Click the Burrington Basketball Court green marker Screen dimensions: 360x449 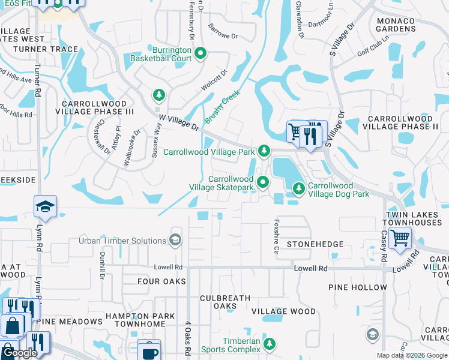pyautogui.click(x=200, y=54)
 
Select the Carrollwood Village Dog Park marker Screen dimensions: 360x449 pyautogui.click(x=298, y=189)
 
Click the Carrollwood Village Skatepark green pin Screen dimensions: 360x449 pyautogui.click(x=262, y=182)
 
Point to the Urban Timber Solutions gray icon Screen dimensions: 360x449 pyautogui.click(x=175, y=241)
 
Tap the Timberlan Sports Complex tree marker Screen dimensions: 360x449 pyautogui.click(x=270, y=344)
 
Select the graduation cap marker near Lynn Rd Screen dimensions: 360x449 pyautogui.click(x=45, y=207)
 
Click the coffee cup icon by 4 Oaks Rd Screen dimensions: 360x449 pyautogui.click(x=149, y=351)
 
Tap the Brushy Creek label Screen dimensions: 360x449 pyautogui.click(x=223, y=107)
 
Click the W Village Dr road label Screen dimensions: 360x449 pyautogui.click(x=178, y=123)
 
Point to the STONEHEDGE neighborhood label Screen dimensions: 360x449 pyautogui.click(x=315, y=244)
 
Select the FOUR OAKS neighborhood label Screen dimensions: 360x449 pyautogui.click(x=157, y=281)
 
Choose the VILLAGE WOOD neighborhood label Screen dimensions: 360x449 pyautogui.click(x=283, y=311)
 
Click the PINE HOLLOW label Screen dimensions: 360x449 pyautogui.click(x=358, y=287)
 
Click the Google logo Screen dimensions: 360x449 pyautogui.click(x=20, y=353)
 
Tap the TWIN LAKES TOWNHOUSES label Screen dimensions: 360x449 pyautogui.click(x=414, y=219)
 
